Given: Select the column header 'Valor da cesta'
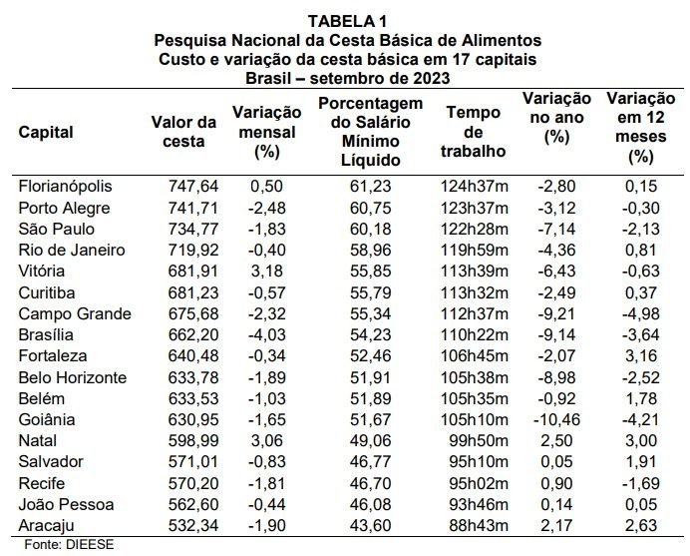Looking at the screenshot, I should coord(183,132).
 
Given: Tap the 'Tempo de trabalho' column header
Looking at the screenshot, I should coord(474,132).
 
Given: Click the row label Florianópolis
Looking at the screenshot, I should coord(67,187).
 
